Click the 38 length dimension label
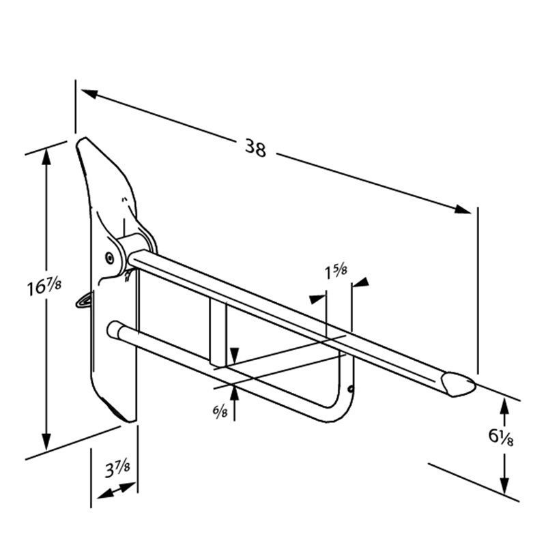(x=255, y=148)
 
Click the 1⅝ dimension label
(x=336, y=271)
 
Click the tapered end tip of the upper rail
(x=462, y=385)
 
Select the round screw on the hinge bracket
(x=110, y=257)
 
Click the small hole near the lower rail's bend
(x=351, y=389)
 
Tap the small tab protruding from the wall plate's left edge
(x=83, y=298)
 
